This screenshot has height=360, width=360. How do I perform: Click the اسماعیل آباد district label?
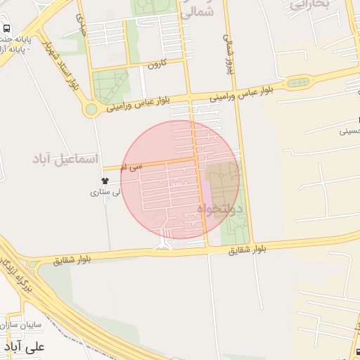(x=65, y=159)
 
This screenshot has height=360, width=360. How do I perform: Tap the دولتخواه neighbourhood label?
(x=219, y=209)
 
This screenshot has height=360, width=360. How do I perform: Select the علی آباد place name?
(x=24, y=347)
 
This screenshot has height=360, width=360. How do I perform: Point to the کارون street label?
(x=155, y=64)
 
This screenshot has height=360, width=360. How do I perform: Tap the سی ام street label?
(x=131, y=167)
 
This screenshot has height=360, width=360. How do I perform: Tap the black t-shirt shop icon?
(x=105, y=181)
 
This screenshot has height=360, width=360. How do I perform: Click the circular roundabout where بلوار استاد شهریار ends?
(x=90, y=110)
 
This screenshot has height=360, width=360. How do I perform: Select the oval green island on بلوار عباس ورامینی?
(x=298, y=84)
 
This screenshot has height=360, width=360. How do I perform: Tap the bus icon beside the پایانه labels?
(x=6, y=29)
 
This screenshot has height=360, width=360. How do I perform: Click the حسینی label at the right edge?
(x=349, y=131)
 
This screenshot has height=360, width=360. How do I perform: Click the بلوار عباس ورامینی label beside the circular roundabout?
(x=139, y=104)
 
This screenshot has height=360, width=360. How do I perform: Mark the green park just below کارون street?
(x=111, y=86)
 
